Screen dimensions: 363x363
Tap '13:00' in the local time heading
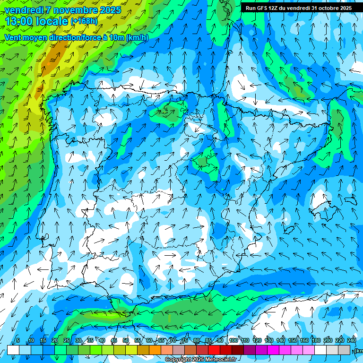[18, 21]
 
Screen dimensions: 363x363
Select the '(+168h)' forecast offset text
[84, 21]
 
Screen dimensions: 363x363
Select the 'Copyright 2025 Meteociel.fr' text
[200, 360]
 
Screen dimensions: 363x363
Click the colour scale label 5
[18, 341]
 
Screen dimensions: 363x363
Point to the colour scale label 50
[126, 341]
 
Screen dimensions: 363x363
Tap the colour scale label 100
[233, 341]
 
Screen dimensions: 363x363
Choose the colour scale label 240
[352, 341]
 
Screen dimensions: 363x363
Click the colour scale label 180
[316, 341]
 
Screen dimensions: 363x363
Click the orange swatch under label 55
[143, 350]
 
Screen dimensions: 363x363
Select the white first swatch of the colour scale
[13, 350]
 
